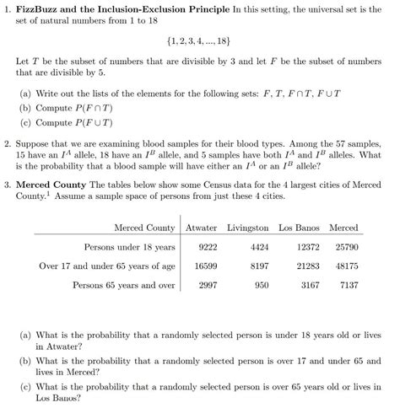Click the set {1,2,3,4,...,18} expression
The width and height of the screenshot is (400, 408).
point(200,40)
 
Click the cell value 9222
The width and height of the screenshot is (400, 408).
point(207,247)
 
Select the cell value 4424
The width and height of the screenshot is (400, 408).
point(259,247)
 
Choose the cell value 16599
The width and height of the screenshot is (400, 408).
point(206,266)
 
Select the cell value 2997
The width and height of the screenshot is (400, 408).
point(207,285)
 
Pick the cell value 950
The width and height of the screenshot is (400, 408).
point(261,285)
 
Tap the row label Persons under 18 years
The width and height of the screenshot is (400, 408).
point(129,247)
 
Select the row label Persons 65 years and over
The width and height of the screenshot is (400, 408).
point(124,285)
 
